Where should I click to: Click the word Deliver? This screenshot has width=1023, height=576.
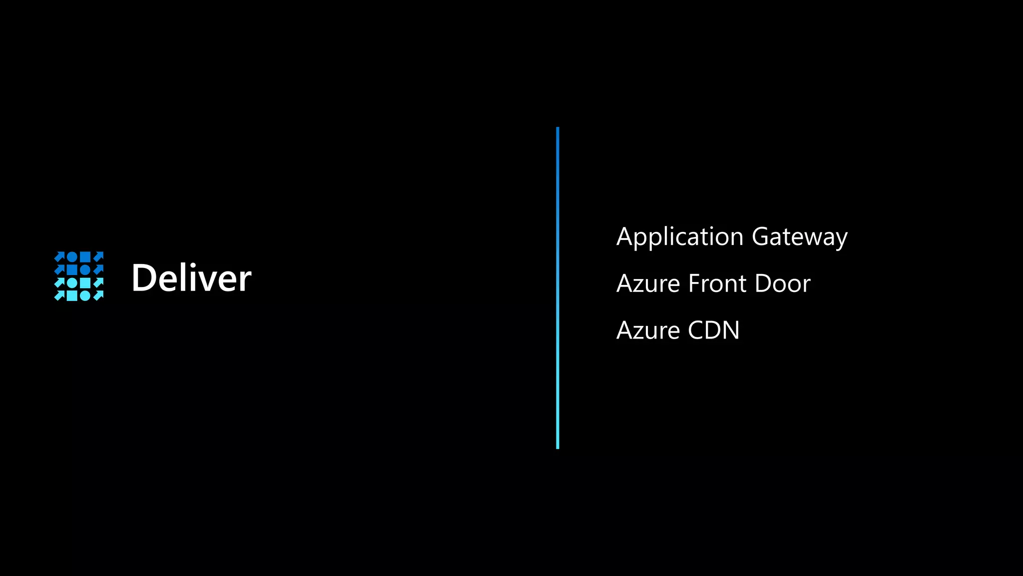191,278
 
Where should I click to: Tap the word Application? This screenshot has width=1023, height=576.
680,237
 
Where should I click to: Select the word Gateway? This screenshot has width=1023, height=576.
799,237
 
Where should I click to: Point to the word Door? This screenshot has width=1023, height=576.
782,283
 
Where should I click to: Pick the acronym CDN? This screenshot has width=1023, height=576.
713,330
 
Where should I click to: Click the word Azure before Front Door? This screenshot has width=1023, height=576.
648,283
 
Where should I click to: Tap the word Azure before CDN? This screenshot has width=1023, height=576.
648,330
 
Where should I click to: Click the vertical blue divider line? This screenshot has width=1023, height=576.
557,288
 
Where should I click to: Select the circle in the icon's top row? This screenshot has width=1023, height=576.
72,257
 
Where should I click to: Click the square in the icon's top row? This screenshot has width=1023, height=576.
85,257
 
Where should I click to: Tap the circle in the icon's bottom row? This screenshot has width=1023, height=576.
85,296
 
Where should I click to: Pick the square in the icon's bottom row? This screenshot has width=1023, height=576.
72,296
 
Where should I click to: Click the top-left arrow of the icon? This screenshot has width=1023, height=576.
59,257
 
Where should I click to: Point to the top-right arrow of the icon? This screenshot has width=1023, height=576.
98,257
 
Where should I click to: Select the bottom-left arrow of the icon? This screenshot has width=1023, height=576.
59,296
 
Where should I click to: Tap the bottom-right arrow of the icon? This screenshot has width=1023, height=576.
98,296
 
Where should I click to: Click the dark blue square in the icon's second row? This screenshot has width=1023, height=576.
72,270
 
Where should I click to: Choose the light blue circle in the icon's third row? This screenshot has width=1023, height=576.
72,283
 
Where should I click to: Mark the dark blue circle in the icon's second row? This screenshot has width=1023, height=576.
85,270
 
